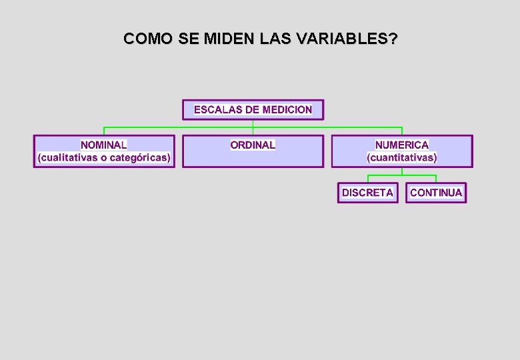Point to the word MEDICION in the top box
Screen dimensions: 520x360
tap(287, 109)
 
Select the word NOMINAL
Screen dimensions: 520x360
tap(104, 145)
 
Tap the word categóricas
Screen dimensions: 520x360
tap(140, 158)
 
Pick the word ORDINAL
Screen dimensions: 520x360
tap(253, 145)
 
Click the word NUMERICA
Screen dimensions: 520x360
tap(402, 145)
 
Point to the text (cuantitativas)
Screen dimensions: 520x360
tap(402, 158)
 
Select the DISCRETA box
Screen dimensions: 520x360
tap(367, 193)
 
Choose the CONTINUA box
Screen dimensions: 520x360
tap(436, 193)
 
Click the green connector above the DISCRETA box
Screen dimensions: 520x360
tap(368, 179)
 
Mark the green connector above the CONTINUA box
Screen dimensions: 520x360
tap(436, 179)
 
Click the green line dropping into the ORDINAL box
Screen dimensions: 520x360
tap(253, 131)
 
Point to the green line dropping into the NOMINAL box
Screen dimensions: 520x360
tap(104, 131)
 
